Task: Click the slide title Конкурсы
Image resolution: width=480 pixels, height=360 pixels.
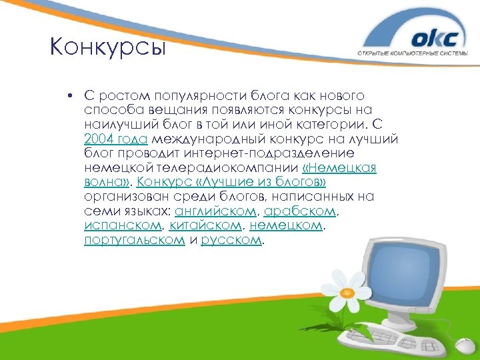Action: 107,49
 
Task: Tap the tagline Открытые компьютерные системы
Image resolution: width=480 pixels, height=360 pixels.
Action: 417,54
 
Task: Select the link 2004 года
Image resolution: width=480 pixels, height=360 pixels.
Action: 116,139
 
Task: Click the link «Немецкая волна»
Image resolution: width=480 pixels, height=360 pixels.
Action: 339,168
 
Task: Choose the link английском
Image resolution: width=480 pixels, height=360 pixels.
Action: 215,211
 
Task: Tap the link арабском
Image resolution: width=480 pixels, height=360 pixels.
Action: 300,211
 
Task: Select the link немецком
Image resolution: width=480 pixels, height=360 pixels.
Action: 286,226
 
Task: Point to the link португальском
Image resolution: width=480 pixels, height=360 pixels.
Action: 134,241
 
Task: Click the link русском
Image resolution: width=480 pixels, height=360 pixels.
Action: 231,241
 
